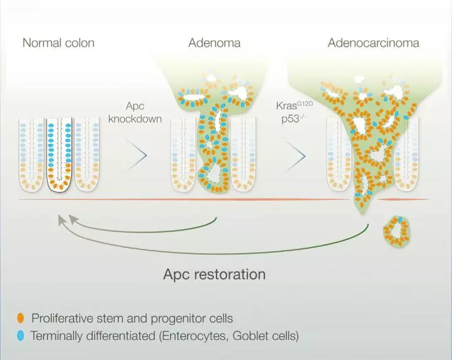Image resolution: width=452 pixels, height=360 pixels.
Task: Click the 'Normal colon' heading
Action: coord(58,43)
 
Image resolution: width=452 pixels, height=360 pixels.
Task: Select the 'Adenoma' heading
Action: coord(214,43)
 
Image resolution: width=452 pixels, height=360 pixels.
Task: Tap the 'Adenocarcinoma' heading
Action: coord(374,43)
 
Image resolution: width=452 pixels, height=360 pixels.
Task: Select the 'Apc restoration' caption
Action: coord(214,275)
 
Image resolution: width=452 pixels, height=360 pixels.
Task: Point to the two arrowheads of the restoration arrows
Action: coord(65,220)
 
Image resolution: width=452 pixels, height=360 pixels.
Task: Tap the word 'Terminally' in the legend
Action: coord(56,336)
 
